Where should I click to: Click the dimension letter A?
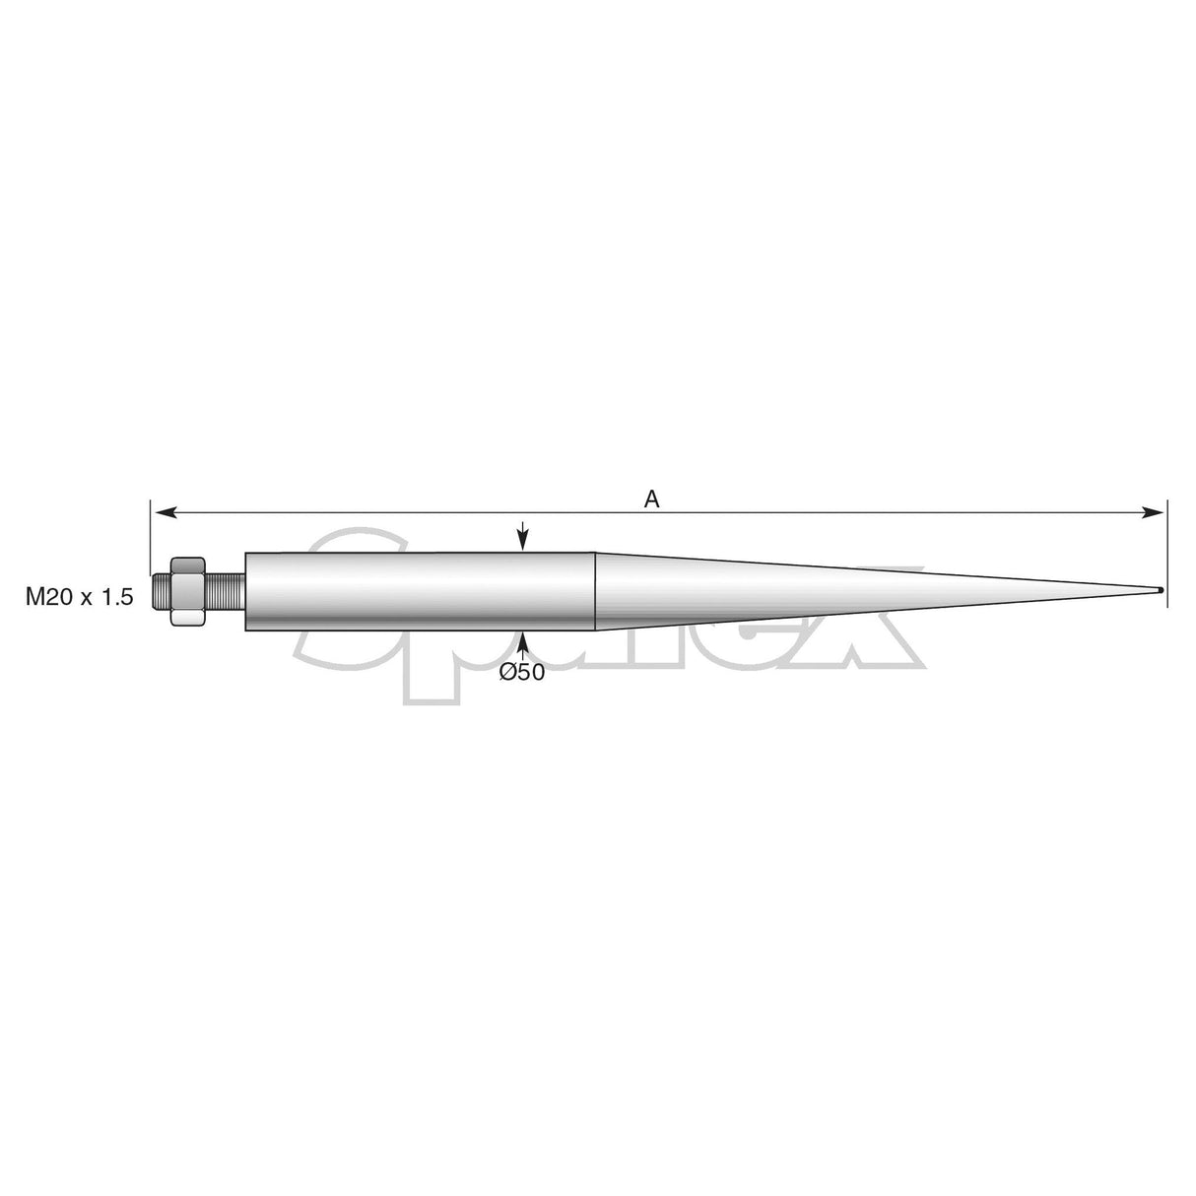[x=651, y=499]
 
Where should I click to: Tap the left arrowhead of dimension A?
[x=166, y=512]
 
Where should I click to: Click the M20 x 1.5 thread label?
[x=79, y=596]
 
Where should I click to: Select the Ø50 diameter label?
[x=522, y=672]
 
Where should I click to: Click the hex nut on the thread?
[x=187, y=591]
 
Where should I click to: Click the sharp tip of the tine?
[x=1162, y=591]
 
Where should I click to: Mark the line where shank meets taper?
[x=595, y=591]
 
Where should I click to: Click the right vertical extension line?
[x=1167, y=552]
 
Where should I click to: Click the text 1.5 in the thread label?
[x=115, y=596]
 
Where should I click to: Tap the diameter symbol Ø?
[x=508, y=672]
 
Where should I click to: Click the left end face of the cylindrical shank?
[x=245, y=591]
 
